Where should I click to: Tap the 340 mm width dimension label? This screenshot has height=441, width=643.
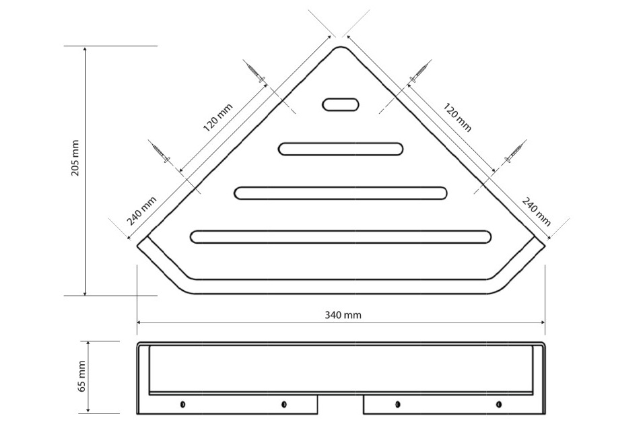tap(343, 315)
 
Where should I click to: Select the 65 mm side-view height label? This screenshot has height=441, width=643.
tap(81, 376)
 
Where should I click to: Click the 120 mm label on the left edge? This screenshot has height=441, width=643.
tap(217, 118)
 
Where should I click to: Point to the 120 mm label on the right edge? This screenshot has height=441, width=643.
tap(457, 117)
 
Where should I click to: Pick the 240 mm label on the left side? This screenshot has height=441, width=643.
tap(141, 211)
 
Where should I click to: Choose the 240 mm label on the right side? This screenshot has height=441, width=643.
tap(536, 211)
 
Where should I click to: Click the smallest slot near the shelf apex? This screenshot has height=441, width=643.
tap(341, 104)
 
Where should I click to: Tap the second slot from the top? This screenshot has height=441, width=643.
tap(341, 149)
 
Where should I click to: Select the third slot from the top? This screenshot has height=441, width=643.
tap(341, 193)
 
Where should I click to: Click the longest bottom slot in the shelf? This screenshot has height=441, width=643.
tap(341, 237)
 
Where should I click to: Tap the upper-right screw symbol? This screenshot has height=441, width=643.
tap(420, 73)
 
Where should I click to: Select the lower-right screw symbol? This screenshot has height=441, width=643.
tap(515, 151)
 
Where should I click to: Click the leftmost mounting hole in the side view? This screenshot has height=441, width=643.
tap(182, 405)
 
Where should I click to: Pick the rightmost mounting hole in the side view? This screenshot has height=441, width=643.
tap(499, 405)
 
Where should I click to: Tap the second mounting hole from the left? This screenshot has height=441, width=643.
tap(283, 405)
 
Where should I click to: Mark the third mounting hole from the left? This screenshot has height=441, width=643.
tap(397, 405)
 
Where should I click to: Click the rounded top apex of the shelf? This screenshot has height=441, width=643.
tap(341, 46)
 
